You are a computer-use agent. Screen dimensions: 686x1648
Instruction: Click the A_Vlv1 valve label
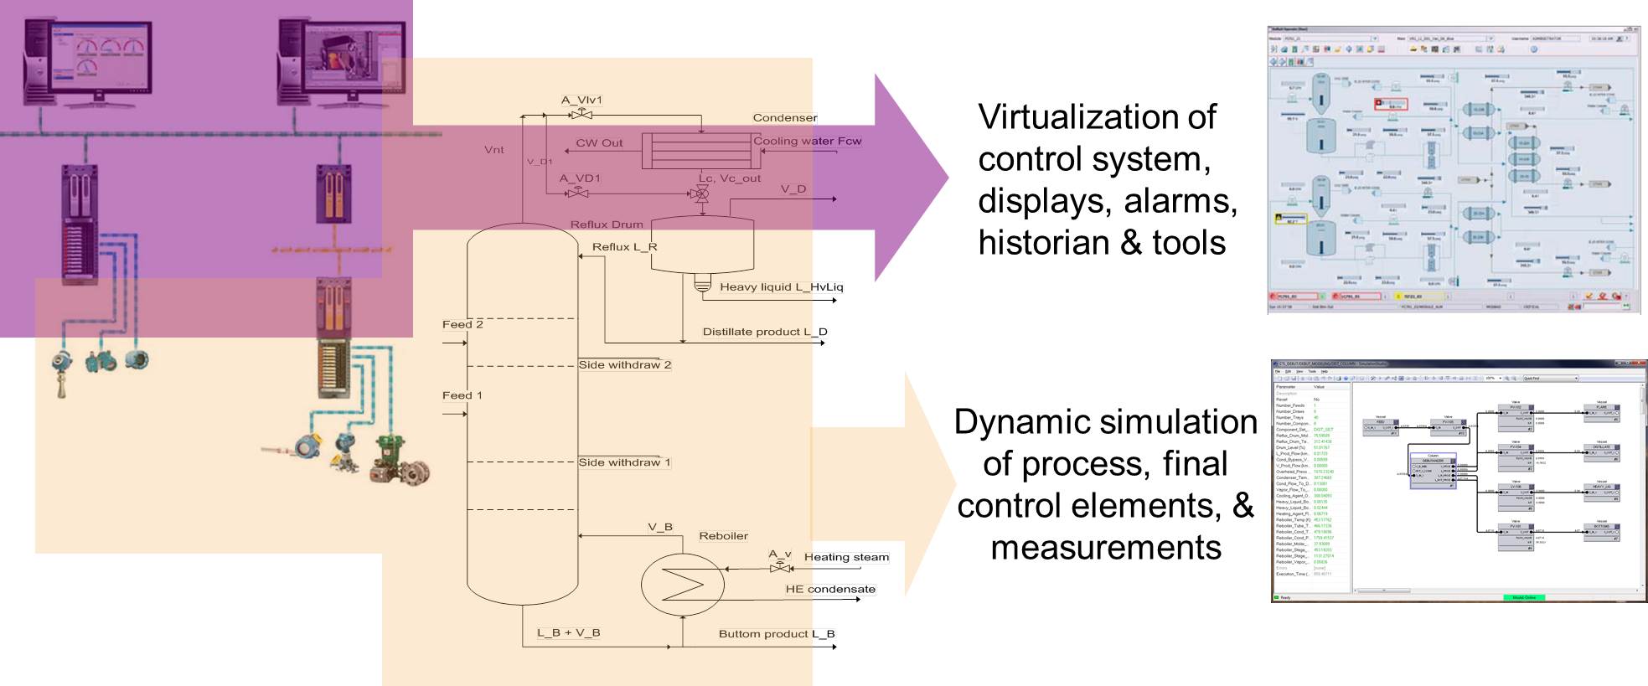[x=581, y=100]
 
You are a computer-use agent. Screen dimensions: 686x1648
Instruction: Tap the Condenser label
[x=784, y=117]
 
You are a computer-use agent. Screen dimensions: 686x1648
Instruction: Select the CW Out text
[x=599, y=143]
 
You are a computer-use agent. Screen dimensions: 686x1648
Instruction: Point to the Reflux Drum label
[x=607, y=224]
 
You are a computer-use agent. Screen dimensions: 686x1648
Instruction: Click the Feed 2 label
[x=462, y=324]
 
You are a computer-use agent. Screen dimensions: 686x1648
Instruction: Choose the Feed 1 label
[x=462, y=395]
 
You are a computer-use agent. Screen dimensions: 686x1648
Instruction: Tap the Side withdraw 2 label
[x=625, y=365]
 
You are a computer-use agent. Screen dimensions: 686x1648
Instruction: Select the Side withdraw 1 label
[x=624, y=462]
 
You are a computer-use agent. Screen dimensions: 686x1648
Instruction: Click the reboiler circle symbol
[x=682, y=585]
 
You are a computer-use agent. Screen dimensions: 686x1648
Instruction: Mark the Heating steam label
[x=846, y=557]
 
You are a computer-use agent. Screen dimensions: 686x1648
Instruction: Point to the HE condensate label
[x=830, y=590]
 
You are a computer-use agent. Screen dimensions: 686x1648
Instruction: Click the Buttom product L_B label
[x=777, y=634]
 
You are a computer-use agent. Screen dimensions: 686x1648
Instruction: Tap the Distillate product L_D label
[x=764, y=332]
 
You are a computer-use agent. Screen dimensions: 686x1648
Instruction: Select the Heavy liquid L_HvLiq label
[x=781, y=287]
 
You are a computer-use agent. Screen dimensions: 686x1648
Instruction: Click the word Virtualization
[x=1096, y=116]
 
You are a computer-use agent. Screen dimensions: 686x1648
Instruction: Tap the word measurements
[x=1105, y=548]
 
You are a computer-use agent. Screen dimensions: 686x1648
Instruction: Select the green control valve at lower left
[x=388, y=457]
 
